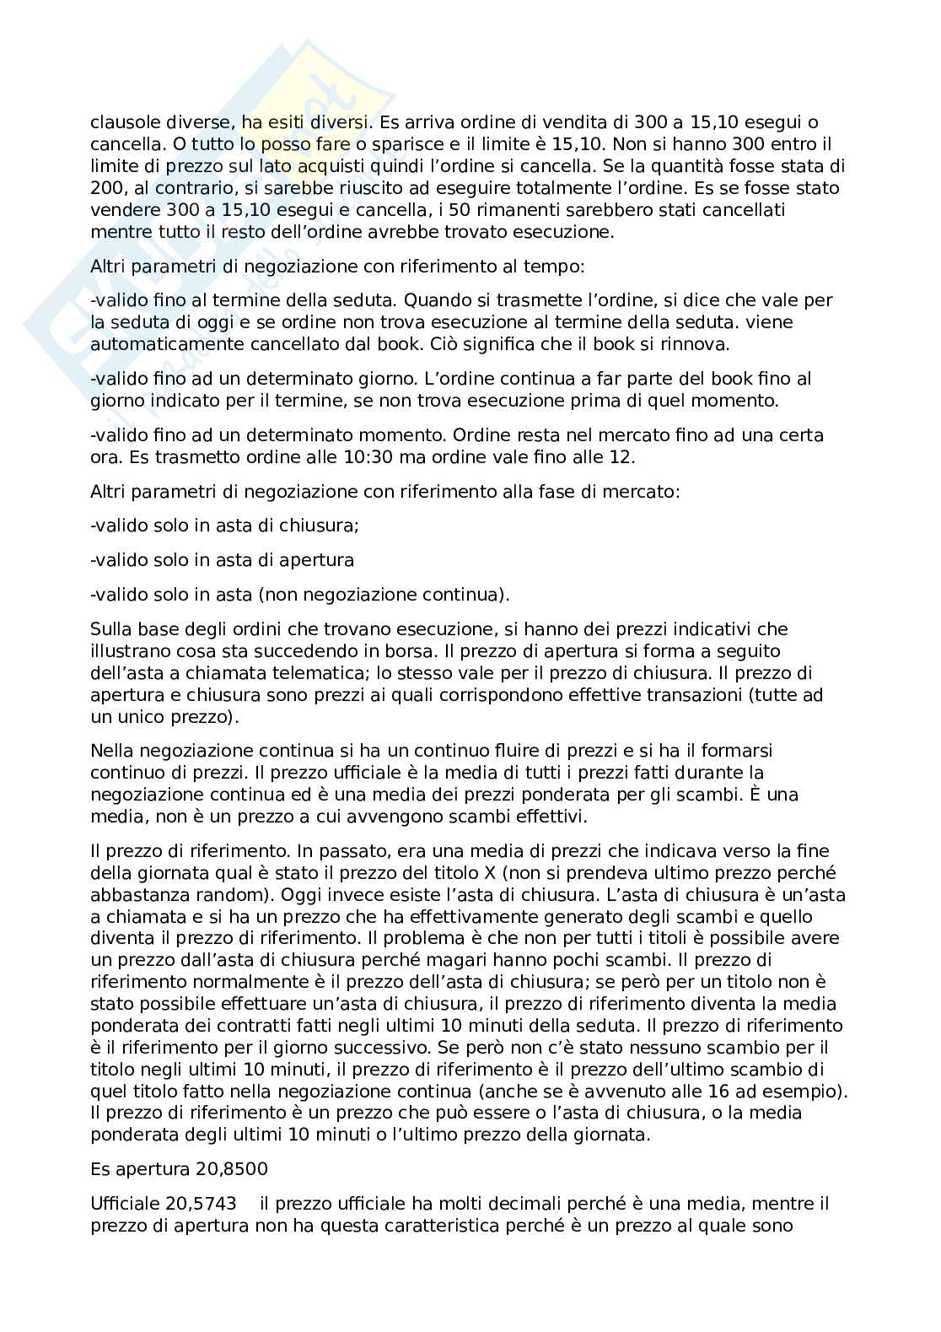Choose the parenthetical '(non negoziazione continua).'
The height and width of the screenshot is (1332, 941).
(384, 595)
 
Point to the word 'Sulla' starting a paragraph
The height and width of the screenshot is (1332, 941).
(109, 629)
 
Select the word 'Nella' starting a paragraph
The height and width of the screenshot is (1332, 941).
(111, 751)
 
